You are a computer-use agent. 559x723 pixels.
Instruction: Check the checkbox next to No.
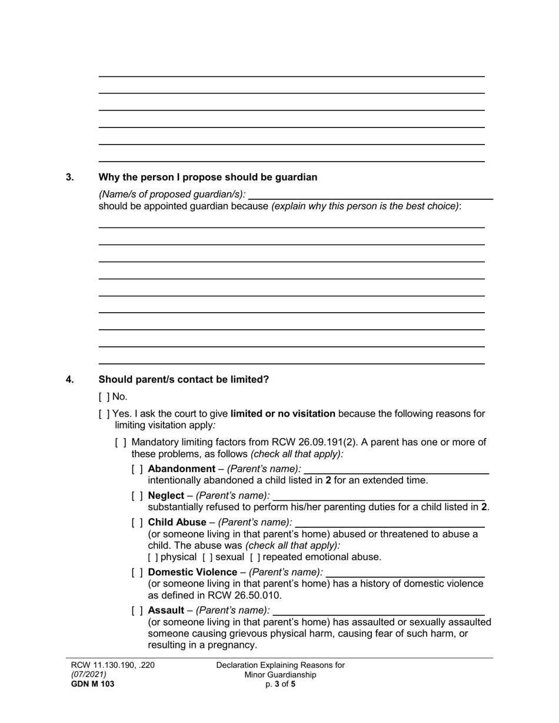click(104, 397)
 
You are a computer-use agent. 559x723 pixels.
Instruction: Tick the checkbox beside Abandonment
click(137, 469)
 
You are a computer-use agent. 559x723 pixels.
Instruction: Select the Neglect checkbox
click(137, 496)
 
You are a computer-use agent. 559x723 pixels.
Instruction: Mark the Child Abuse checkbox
click(137, 523)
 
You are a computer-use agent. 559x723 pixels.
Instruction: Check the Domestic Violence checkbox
click(137, 573)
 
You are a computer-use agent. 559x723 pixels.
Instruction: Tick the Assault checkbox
click(137, 611)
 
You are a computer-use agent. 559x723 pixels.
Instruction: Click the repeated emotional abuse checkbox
click(255, 557)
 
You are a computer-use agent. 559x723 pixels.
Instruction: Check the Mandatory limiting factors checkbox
click(120, 443)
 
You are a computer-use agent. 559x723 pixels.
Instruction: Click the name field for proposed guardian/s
click(371, 195)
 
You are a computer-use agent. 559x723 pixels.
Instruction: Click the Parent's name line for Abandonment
click(396, 469)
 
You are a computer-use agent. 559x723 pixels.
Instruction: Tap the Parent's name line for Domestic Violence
click(405, 573)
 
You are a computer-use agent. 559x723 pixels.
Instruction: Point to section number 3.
click(70, 178)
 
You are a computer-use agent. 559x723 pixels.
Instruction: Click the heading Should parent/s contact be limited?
click(184, 380)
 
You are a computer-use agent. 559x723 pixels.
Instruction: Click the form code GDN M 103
click(93, 684)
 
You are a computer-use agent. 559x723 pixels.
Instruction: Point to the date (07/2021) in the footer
click(89, 675)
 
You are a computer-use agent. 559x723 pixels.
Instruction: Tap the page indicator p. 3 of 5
click(280, 684)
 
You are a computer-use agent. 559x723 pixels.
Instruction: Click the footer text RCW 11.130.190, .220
click(113, 665)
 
